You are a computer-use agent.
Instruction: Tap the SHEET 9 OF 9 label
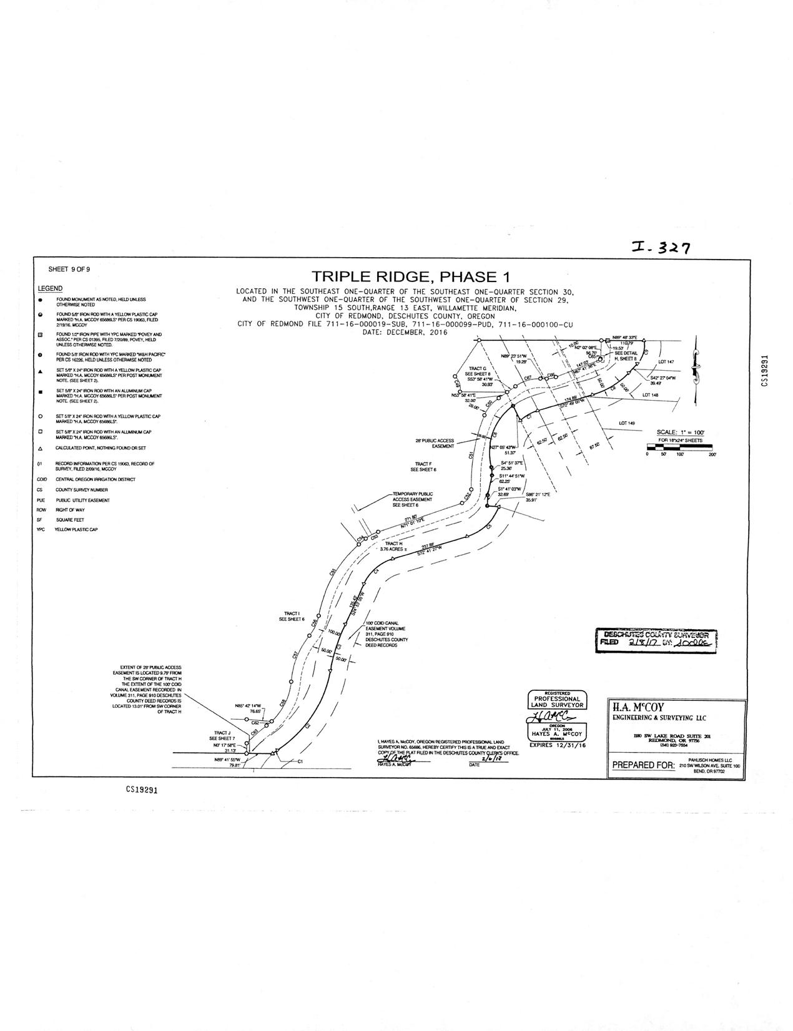coord(69,270)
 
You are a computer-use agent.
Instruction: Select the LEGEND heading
coord(50,288)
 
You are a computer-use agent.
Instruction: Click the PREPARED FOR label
coord(643,766)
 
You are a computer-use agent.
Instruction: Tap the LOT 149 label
coord(627,423)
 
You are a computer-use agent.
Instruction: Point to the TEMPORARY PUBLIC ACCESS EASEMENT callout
coord(412,499)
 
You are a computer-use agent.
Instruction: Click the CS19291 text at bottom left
coord(140,789)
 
